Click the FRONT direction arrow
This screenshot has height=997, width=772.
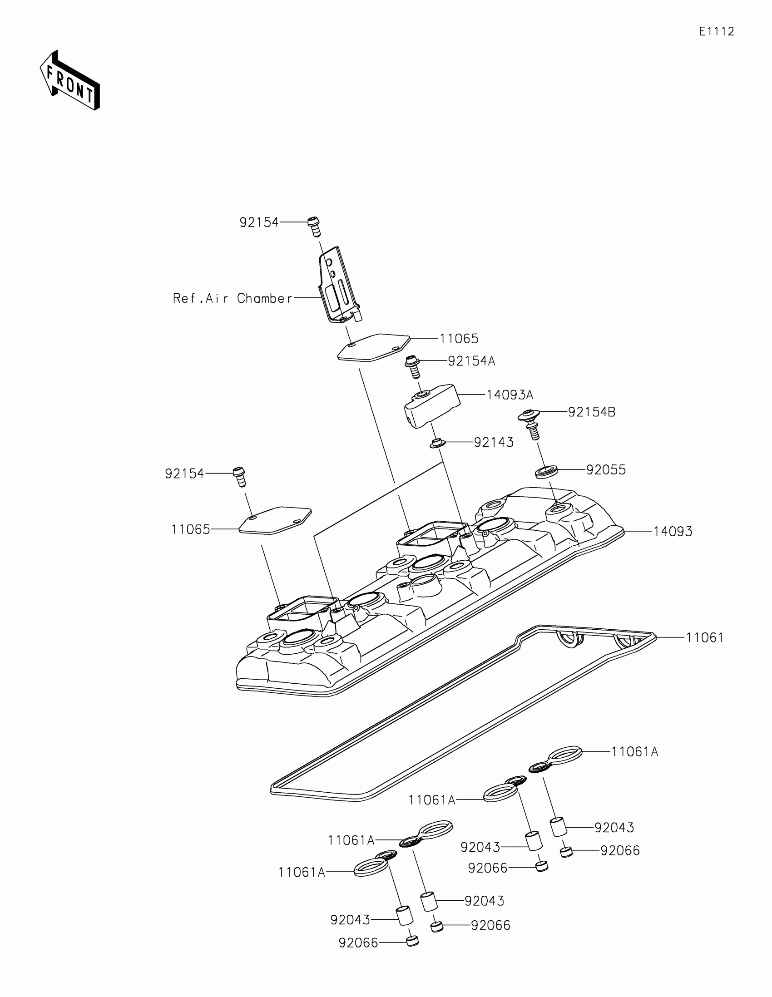coord(70,81)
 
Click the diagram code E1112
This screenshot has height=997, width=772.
coord(716,31)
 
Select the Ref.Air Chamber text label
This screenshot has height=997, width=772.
coord(233,299)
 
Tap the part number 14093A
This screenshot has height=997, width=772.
coord(510,395)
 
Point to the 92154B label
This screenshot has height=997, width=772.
coord(591,412)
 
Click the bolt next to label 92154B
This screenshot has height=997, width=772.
coord(531,423)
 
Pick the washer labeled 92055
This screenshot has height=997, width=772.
coord(546,472)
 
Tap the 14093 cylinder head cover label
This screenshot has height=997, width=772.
coord(673,531)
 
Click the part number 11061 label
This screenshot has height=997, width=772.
coord(704,638)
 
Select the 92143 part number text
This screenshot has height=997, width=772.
coord(494,442)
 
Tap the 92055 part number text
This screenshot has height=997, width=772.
coord(606,470)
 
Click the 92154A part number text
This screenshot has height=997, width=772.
coord(471,361)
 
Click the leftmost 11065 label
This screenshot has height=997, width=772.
coord(190,529)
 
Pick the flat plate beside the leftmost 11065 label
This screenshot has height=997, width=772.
coord(275,520)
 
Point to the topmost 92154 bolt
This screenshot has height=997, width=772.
coord(314,226)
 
